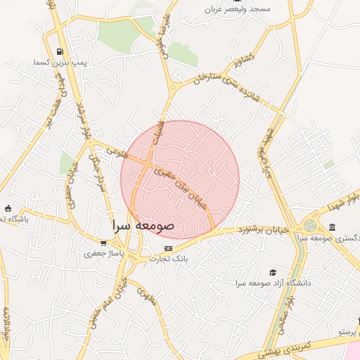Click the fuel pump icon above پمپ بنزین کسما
(x=62, y=51)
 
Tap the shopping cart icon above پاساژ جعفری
(x=103, y=243)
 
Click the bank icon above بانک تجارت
(x=168, y=248)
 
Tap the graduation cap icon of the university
(x=273, y=273)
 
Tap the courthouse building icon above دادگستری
(x=332, y=227)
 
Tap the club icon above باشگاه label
(x=8, y=209)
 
